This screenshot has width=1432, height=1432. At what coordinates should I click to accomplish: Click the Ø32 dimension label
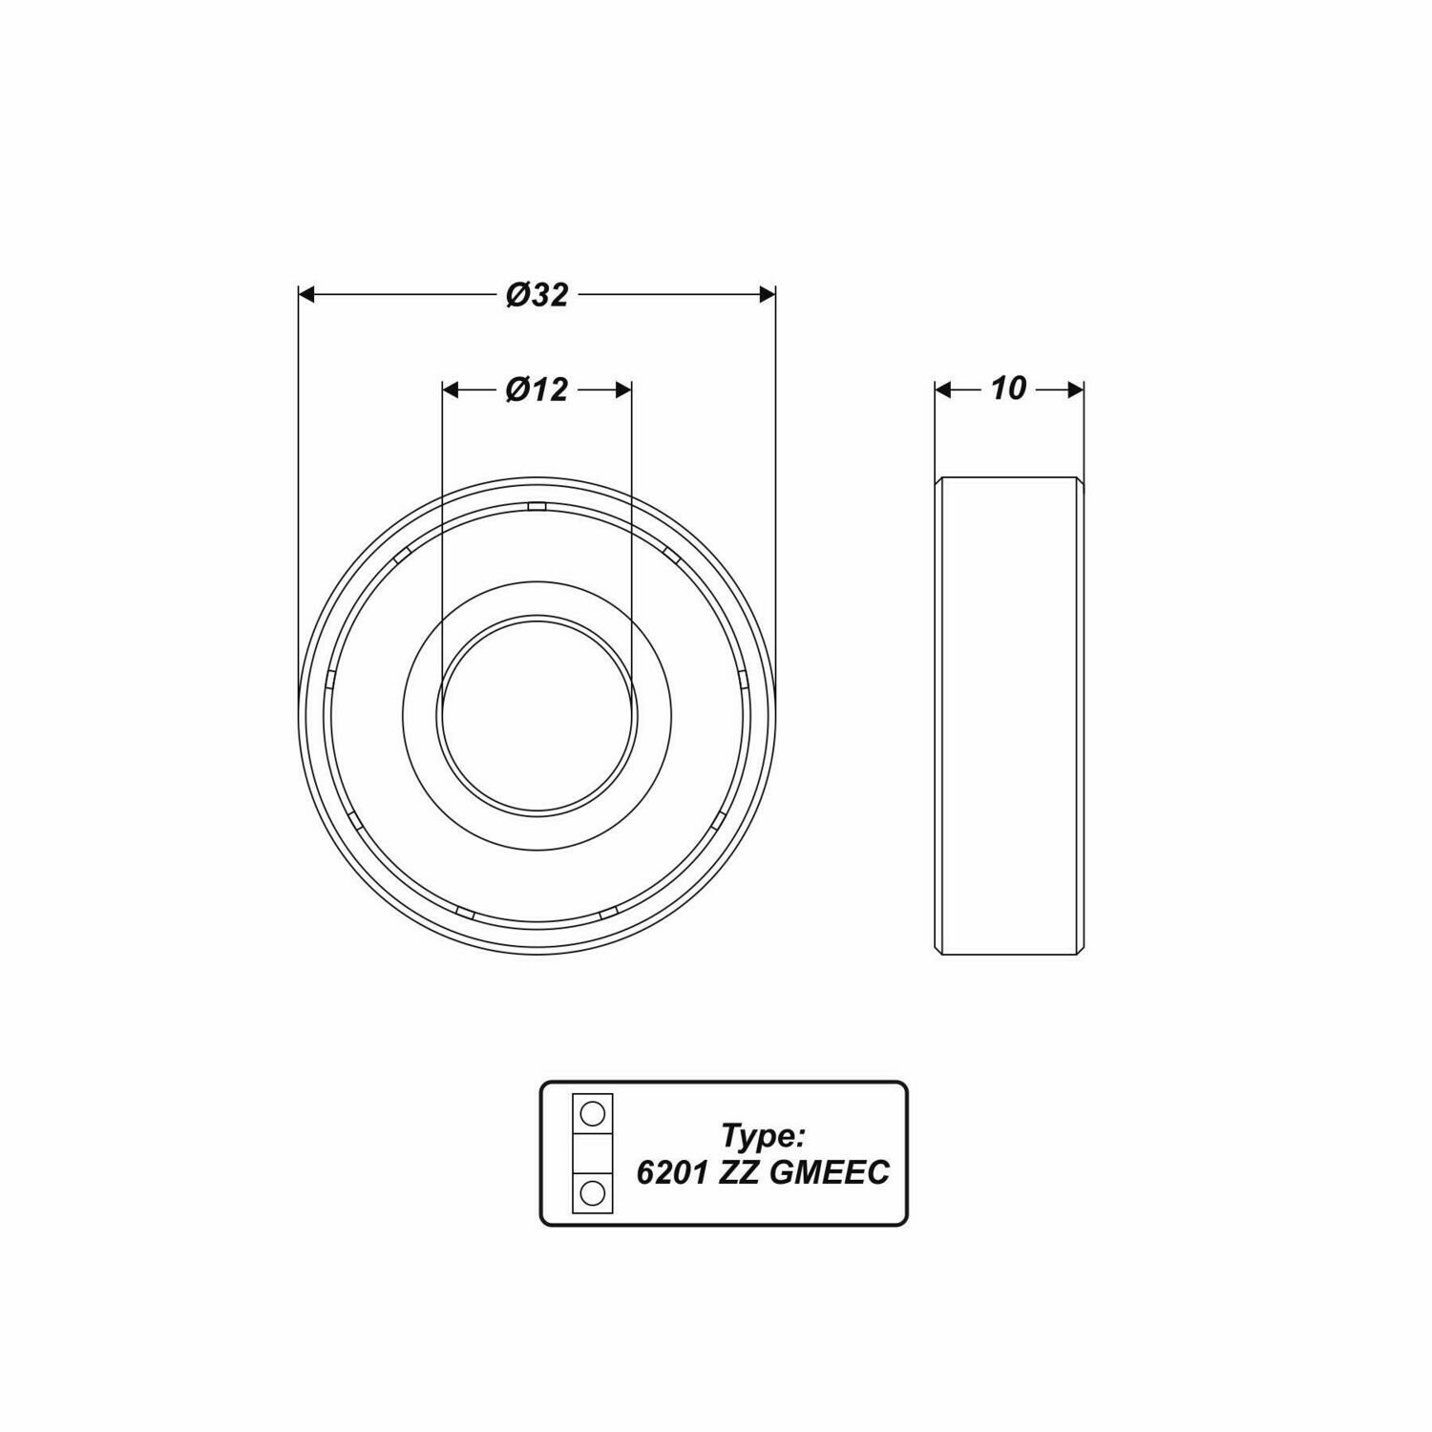pos(537,295)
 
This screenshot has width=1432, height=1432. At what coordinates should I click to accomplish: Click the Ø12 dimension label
pos(537,390)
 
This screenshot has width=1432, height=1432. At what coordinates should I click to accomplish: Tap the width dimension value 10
pos(1008,389)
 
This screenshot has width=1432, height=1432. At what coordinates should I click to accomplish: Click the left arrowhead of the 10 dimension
pos(943,390)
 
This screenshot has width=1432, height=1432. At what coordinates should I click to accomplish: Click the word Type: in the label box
pos(765,1136)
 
